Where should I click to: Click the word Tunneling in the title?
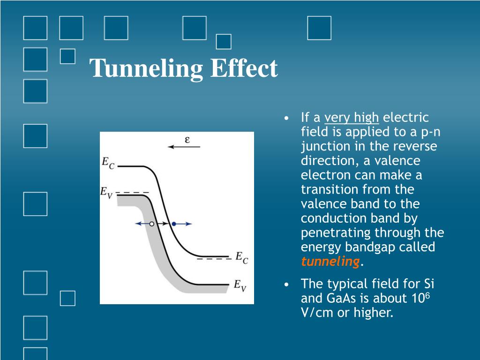146,69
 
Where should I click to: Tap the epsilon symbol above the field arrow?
187,139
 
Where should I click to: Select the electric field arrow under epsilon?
184,147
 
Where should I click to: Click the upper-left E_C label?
108,163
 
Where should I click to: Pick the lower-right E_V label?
240,285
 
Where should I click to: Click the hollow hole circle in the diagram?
151,224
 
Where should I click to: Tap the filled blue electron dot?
173,224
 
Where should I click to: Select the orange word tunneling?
330,262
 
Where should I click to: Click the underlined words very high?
352,118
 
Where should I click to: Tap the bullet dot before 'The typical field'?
287,284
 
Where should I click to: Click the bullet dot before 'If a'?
287,118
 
